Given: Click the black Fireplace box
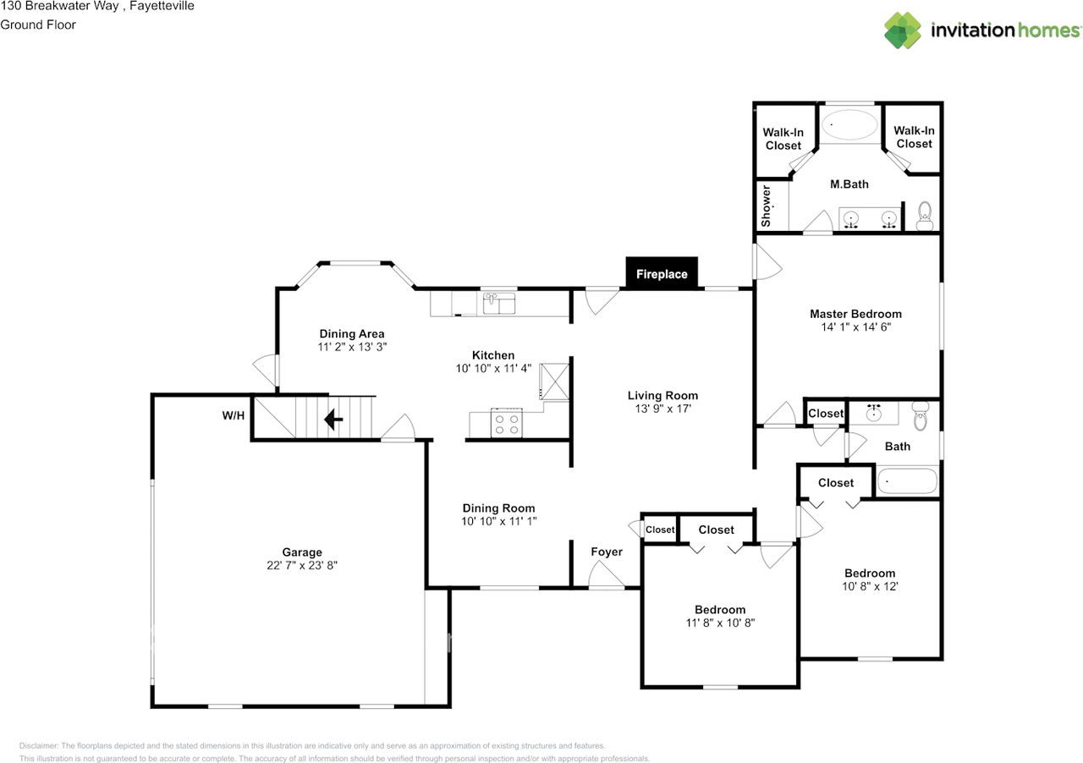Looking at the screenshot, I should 662,273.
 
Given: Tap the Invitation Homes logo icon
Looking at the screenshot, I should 902,30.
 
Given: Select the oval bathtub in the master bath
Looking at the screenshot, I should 850,125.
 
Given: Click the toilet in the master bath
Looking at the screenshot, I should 924,215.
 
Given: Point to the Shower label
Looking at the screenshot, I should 767,206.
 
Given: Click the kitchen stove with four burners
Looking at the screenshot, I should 507,423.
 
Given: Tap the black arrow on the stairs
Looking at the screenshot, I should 333,419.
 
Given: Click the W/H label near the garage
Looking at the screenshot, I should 234,415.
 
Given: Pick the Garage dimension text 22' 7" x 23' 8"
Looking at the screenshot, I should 302,567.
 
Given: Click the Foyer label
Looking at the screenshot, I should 606,552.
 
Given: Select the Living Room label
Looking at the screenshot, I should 662,395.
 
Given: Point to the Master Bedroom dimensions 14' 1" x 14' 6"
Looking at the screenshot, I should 855,327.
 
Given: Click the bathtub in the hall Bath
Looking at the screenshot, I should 907,481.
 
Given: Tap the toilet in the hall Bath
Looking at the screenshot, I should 921,415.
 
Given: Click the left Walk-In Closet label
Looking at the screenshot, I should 783,139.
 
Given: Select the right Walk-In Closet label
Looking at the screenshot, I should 914,137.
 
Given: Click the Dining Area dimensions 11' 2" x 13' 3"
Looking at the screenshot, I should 351,347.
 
